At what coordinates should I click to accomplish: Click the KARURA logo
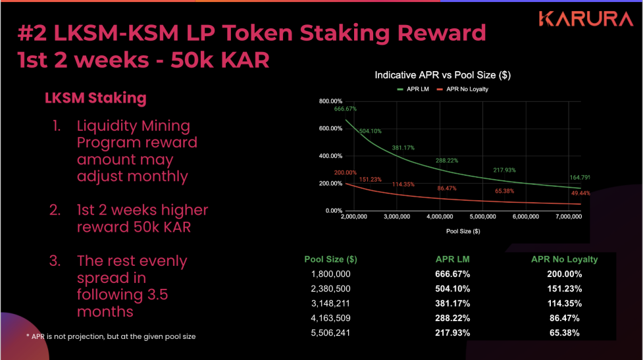tap(585, 18)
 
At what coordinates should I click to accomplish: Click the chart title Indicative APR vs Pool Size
tap(442, 75)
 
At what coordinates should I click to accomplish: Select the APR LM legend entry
tap(414, 88)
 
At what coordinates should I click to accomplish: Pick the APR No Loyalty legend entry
tap(467, 88)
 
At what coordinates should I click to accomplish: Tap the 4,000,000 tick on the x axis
tap(440, 216)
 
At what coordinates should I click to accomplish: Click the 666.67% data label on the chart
tap(345, 109)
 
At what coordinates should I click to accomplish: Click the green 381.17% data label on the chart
tap(403, 147)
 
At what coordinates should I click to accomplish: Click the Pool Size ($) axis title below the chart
tap(463, 231)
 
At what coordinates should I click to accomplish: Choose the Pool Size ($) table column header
tap(330, 259)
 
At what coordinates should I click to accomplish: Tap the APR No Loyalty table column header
tap(564, 259)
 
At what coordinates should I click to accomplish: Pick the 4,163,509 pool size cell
tap(330, 319)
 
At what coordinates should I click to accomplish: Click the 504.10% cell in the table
tap(453, 289)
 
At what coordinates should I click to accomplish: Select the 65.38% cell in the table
tap(564, 333)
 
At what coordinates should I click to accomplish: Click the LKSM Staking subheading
tap(95, 98)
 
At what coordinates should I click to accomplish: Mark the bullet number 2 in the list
tap(56, 211)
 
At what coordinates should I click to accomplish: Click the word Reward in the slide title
tap(442, 32)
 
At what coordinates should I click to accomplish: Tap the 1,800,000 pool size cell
tap(330, 274)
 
